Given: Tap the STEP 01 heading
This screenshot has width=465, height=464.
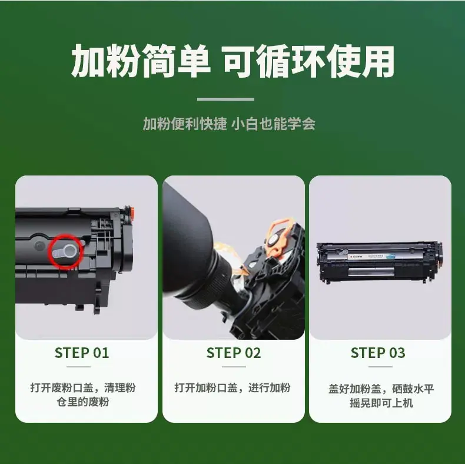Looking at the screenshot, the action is coord(82,353).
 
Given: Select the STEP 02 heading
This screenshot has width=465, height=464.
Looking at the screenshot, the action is coord(234,353).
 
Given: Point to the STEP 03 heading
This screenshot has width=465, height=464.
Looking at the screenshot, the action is coord(378,353).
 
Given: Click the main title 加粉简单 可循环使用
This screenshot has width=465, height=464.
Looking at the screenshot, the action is coord(233,61).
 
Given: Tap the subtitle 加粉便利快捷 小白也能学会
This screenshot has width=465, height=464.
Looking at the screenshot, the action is coord(229,124).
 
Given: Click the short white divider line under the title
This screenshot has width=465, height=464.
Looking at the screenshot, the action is coord(225,99).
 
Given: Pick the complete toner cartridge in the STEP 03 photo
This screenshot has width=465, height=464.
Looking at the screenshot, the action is coord(380,262).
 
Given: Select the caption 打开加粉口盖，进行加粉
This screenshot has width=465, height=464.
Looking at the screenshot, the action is coord(232,388).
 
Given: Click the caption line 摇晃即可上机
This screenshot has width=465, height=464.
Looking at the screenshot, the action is coord(381,403).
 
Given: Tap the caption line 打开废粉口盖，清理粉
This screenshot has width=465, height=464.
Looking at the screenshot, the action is coord(83,388).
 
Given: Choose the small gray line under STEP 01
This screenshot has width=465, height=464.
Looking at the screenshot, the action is coord(79,367).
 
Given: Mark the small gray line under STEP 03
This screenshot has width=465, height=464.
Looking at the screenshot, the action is coord(380,367).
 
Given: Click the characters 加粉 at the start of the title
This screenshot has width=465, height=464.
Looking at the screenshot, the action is coord(105,61).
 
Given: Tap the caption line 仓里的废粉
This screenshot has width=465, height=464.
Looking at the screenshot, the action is coord(83,402).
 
